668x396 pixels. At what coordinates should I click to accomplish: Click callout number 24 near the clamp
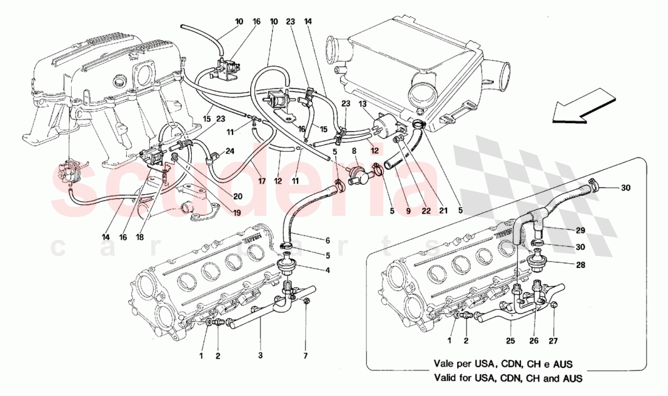coord(230,152)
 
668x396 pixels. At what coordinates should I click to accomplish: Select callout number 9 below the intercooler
coord(408,211)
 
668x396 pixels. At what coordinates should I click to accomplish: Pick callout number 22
coord(426,211)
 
